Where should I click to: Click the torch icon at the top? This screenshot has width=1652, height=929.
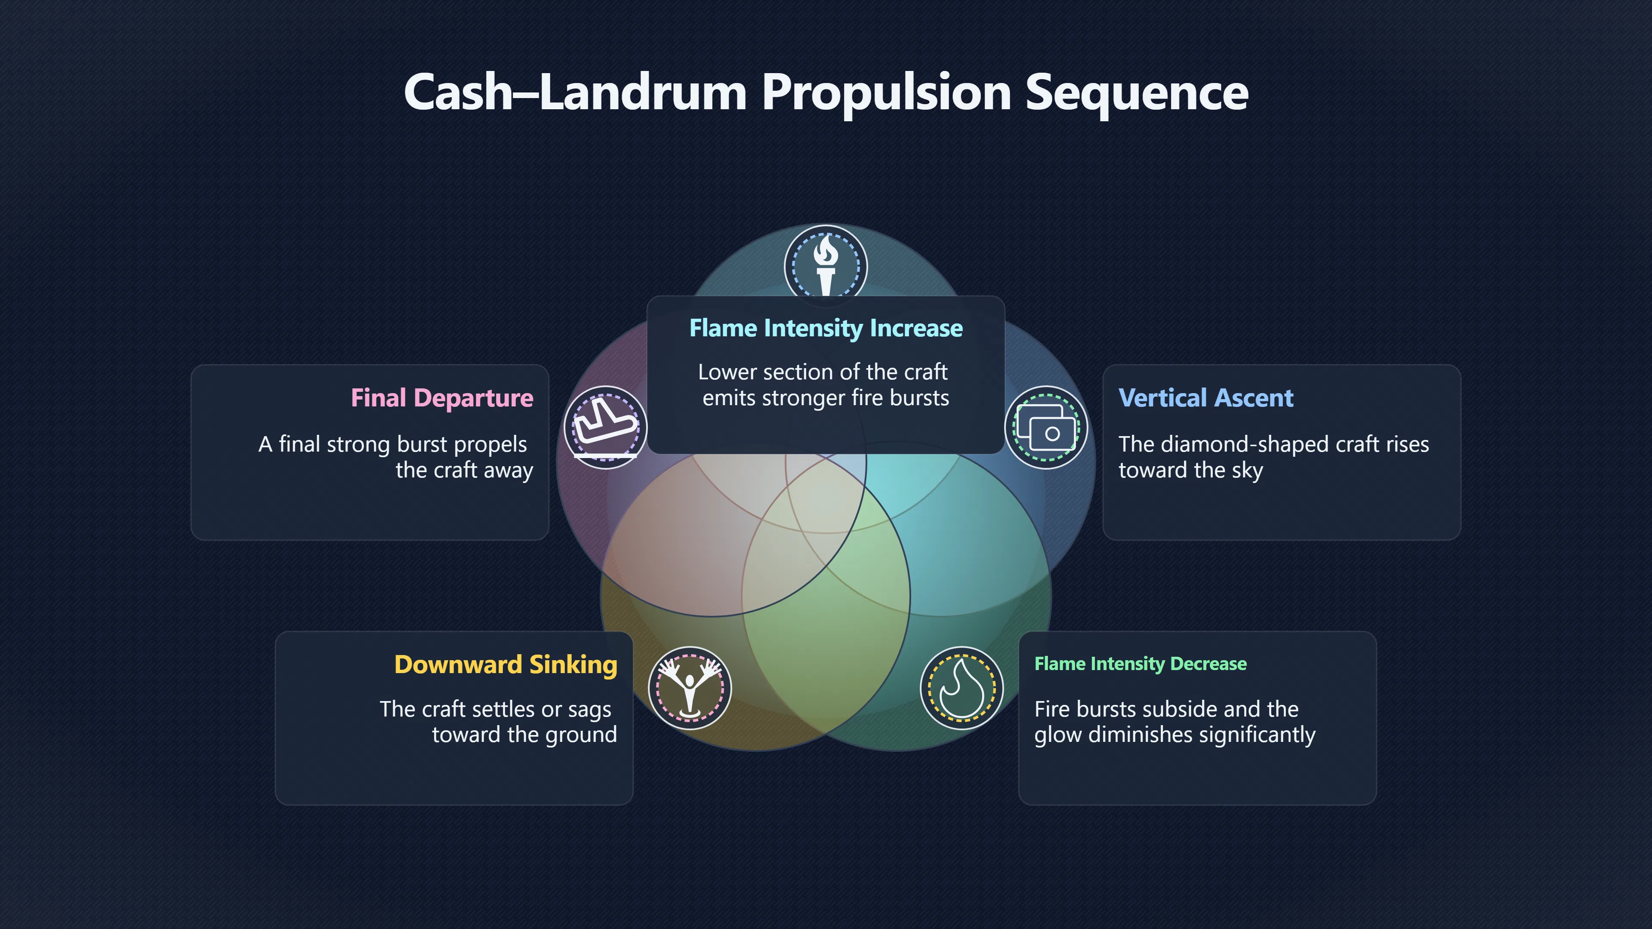[826, 265]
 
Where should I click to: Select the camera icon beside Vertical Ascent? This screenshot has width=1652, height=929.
[1045, 427]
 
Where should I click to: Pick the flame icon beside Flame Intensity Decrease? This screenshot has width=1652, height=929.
[962, 689]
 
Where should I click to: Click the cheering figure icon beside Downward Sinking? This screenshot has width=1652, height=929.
[689, 689]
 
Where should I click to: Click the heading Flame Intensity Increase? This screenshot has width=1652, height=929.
[826, 328]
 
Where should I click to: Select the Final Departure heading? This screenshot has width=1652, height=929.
[442, 398]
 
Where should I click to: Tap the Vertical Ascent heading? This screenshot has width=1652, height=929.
[1205, 398]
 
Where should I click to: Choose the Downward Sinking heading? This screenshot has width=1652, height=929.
[506, 665]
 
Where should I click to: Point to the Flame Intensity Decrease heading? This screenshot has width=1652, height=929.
[1140, 664]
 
